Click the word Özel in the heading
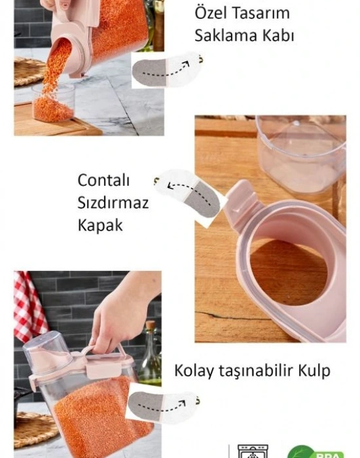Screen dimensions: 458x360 (x=211, y=13)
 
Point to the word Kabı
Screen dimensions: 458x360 (x=278, y=35)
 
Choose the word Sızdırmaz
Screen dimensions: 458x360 (x=113, y=202)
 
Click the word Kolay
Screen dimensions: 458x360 (x=192, y=371)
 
